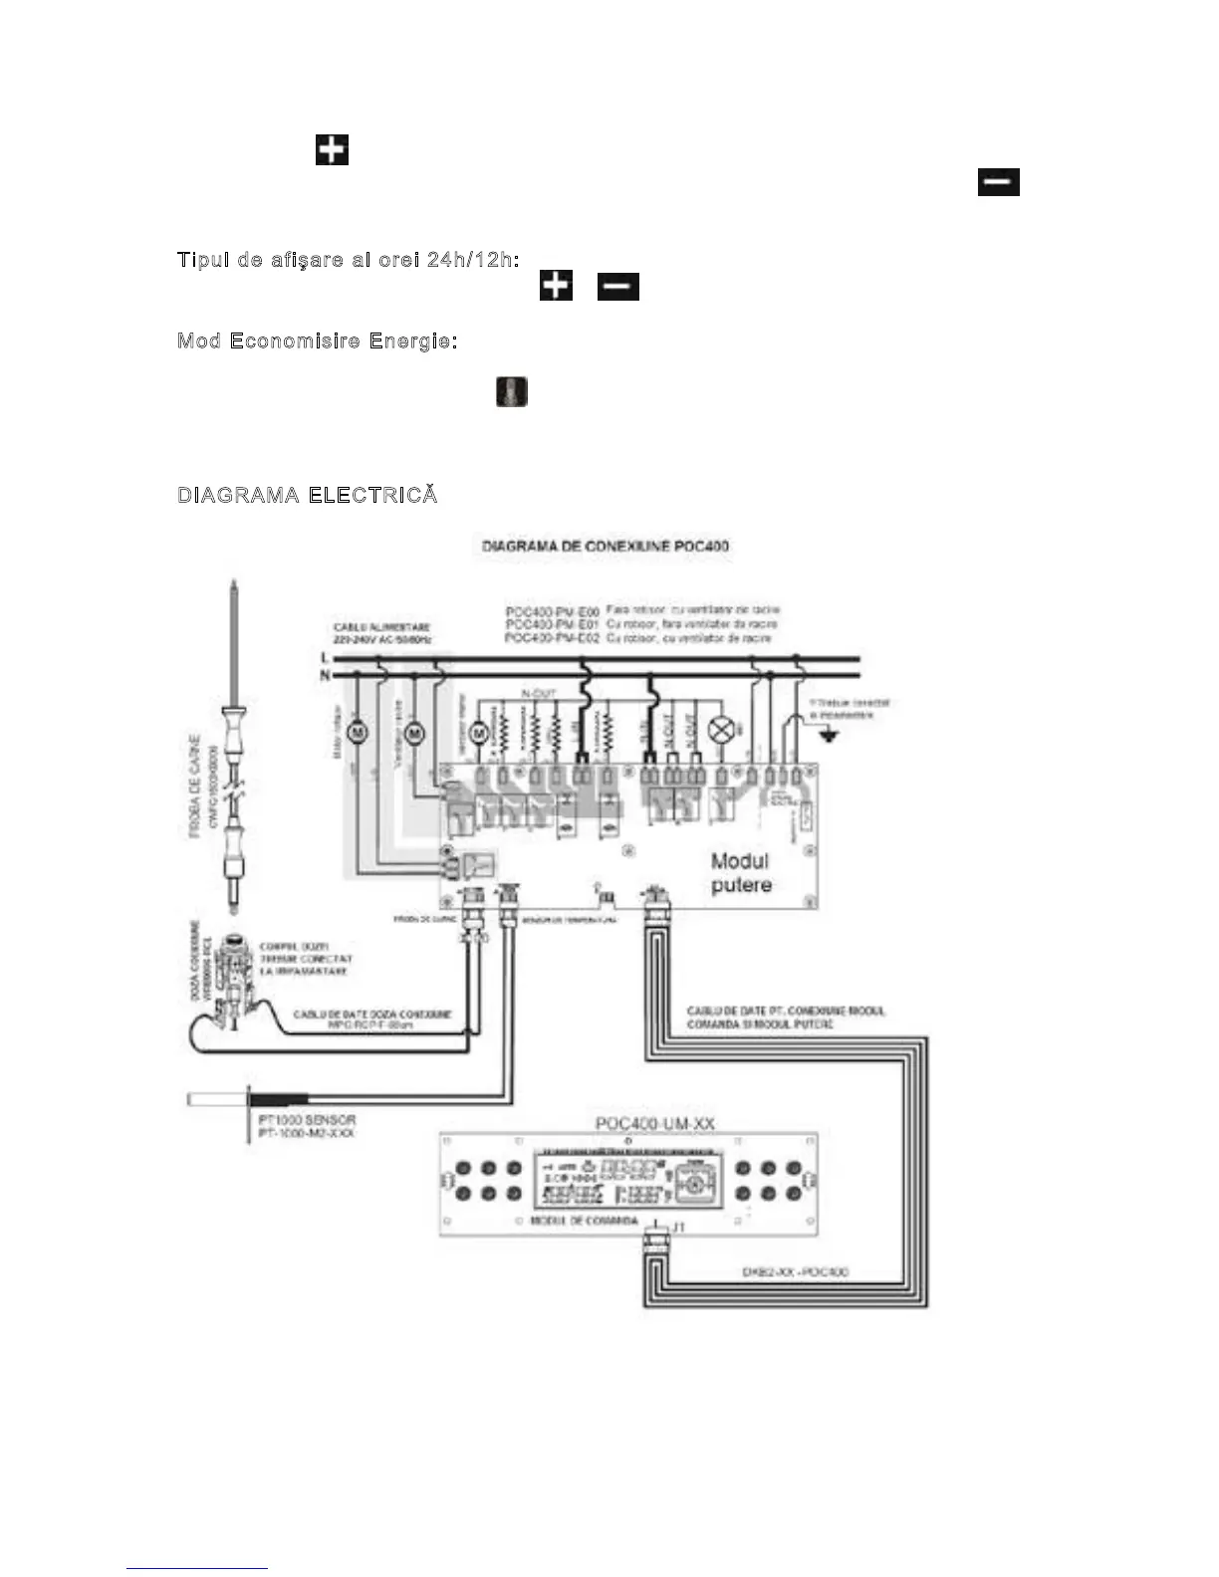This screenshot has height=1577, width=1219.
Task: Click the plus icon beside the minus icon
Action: coord(556,286)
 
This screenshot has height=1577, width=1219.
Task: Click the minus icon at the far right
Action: coord(998,182)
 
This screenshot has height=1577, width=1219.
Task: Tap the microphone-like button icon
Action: coord(512,391)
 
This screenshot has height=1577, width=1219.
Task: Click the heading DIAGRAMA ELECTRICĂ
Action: coord(307,495)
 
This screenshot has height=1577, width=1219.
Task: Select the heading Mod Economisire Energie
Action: coord(317,340)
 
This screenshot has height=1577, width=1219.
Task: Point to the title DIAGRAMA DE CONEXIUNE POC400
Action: coord(605,546)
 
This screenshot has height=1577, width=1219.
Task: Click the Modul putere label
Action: coord(741,872)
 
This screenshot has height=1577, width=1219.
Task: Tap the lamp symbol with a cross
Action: coord(720,731)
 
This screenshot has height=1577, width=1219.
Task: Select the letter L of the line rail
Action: coord(325,658)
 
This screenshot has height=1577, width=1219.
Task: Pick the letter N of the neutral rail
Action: coord(325,675)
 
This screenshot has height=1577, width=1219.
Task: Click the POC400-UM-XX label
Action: coord(654,1123)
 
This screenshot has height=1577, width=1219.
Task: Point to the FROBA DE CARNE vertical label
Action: coord(195,787)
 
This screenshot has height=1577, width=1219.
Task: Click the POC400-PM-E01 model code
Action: coord(552,624)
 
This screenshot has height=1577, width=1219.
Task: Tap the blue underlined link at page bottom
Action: coord(197,1568)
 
